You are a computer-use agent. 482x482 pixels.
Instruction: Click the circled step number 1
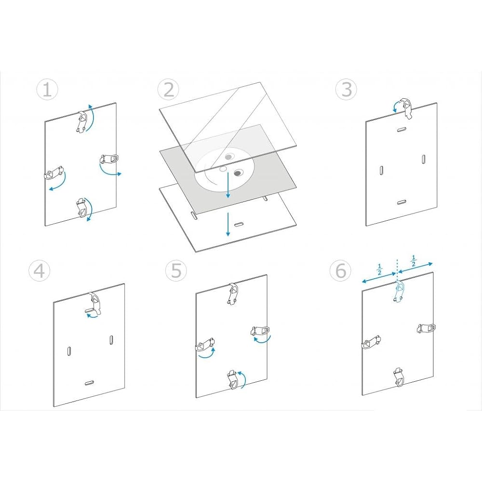click(47, 90)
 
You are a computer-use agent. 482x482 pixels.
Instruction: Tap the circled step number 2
click(168, 90)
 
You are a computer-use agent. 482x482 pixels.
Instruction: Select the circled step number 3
click(346, 90)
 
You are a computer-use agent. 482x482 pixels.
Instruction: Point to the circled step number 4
click(40, 271)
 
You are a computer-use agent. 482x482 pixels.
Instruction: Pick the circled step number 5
click(176, 271)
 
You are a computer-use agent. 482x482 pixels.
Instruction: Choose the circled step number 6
click(340, 271)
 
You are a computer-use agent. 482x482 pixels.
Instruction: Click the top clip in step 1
click(82, 122)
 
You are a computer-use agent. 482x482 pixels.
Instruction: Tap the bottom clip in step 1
click(82, 208)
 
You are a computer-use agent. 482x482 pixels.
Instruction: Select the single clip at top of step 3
click(407, 108)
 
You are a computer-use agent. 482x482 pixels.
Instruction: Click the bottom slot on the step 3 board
click(401, 202)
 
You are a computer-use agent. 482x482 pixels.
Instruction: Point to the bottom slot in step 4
click(90, 383)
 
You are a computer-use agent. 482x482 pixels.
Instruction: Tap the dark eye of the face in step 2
click(238, 174)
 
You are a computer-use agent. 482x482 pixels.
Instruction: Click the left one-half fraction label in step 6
click(379, 269)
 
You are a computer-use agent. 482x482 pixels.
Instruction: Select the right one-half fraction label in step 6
click(414, 261)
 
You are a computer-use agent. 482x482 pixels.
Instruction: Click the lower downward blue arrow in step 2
click(228, 224)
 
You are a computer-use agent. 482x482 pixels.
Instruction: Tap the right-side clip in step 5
click(260, 331)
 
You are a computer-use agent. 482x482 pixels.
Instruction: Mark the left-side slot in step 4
click(69, 351)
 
